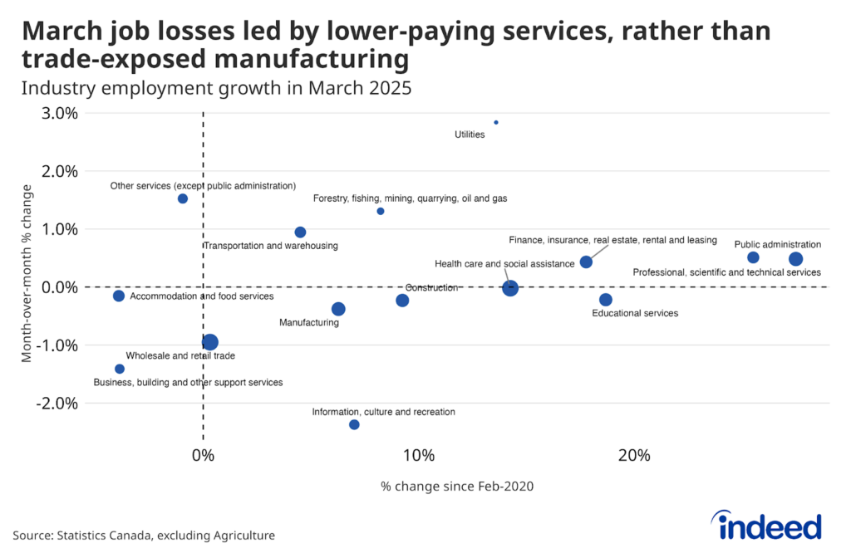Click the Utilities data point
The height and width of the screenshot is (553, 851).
(496, 122)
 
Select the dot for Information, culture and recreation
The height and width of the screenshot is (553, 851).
(354, 424)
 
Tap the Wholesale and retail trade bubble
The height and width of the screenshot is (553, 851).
(209, 342)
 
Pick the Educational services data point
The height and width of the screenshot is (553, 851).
(605, 300)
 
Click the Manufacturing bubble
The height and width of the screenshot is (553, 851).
(338, 309)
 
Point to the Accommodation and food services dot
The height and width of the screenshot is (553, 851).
(119, 296)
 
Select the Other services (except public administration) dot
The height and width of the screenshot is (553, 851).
(183, 198)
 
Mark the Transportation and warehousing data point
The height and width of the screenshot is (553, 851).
(300, 232)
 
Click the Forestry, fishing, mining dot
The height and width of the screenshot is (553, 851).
(381, 211)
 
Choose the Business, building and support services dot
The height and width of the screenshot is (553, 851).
(120, 369)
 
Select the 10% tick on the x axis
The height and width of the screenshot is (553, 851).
(418, 455)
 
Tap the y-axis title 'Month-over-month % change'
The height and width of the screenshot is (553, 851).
(27, 272)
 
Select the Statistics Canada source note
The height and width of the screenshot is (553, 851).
(144, 536)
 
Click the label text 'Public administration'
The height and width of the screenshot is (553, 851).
(777, 244)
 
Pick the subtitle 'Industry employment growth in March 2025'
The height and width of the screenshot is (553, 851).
(217, 87)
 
